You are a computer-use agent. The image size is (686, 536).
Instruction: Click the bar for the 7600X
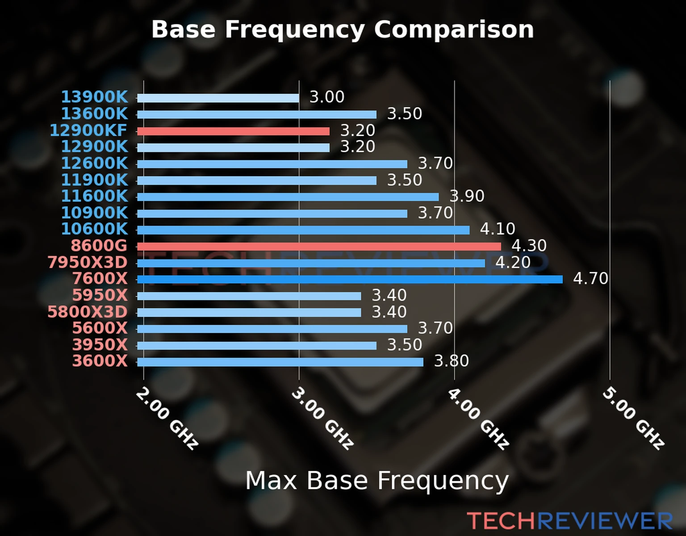(350, 280)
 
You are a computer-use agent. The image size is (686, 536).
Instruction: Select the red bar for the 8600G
(319, 247)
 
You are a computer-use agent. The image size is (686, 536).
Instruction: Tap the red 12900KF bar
(233, 131)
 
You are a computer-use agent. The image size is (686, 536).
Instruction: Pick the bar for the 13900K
(218, 98)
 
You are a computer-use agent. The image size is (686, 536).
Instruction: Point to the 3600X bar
(280, 362)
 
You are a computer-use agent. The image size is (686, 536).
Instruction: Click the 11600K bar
(288, 197)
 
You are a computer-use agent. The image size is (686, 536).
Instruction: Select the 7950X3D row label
(88, 263)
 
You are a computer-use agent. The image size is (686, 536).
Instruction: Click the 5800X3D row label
(88, 312)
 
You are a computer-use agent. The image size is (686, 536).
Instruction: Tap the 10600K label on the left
(94, 229)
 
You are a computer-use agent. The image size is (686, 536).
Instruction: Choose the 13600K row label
(94, 114)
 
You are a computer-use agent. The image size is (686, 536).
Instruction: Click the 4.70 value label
(590, 279)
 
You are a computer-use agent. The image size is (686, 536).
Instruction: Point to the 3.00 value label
(327, 97)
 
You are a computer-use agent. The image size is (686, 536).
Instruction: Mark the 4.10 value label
(498, 229)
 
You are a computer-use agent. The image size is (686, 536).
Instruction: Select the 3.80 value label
(452, 361)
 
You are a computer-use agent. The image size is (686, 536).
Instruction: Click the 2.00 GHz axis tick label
(167, 418)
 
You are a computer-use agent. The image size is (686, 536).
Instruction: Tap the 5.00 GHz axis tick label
(633, 418)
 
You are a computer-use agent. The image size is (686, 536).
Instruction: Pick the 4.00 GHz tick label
(478, 418)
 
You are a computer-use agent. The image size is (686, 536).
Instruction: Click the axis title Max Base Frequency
(377, 481)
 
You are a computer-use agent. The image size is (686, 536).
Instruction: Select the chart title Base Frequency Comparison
(343, 29)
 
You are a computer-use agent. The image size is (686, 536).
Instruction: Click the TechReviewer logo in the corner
(569, 521)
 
